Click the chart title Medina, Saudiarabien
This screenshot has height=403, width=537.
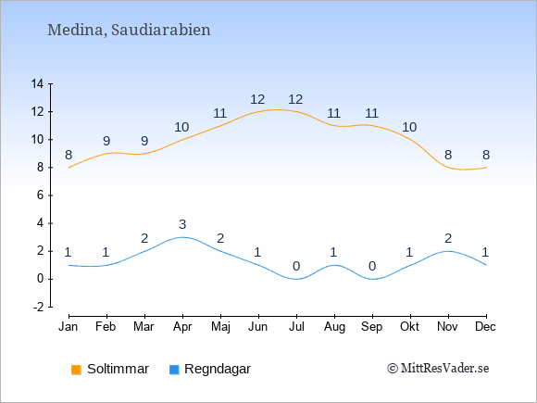tap(129, 30)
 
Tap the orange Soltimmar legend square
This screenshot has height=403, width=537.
tap(76, 370)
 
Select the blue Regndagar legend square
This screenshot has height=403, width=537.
tap(174, 370)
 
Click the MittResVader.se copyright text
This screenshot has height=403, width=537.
tap(438, 369)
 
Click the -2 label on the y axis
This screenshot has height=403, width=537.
tap(38, 307)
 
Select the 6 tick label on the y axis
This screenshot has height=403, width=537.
tap(41, 195)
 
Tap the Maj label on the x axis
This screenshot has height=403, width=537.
tap(220, 327)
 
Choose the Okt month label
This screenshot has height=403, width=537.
tap(409, 327)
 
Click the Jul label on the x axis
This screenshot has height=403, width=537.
tap(296, 327)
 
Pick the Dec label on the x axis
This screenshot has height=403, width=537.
tap(485, 327)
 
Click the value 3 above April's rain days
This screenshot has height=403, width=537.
tap(182, 224)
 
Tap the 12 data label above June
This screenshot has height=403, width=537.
tap(257, 100)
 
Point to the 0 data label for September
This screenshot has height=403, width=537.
tap(372, 266)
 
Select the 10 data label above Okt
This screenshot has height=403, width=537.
tap(409, 128)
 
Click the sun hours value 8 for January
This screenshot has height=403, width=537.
tap(69, 156)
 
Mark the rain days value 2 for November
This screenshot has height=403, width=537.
tap(448, 238)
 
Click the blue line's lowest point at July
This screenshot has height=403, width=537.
tap(296, 279)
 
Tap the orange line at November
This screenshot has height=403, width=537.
tap(448, 168)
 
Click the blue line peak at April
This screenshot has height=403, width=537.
tap(182, 237)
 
